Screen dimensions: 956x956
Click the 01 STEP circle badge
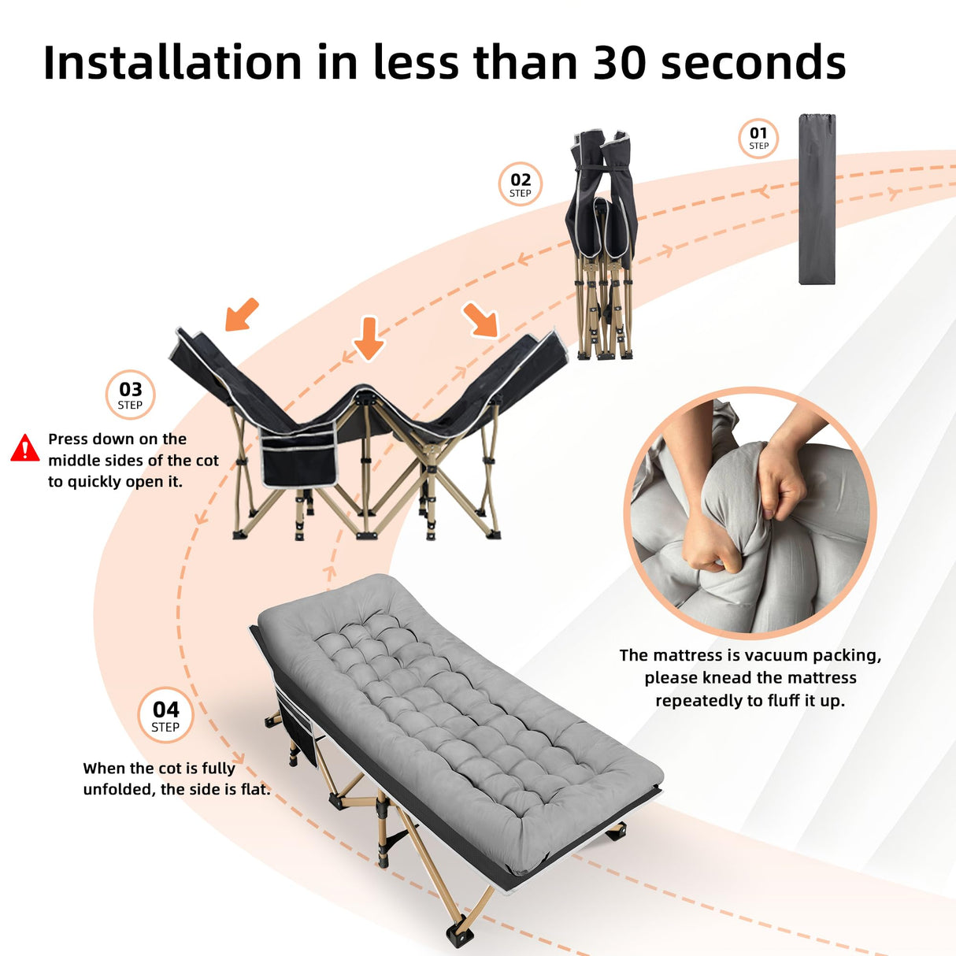click(758, 138)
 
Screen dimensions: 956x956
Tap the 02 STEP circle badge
click(521, 184)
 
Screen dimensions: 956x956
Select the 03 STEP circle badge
click(131, 395)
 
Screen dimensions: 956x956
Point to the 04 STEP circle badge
click(165, 715)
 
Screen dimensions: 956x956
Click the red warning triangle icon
click(25, 448)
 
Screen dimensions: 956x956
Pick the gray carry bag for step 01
click(817, 199)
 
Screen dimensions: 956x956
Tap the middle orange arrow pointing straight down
click(369, 338)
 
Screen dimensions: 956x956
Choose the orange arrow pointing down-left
click(242, 314)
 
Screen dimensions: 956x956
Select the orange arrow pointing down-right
click(480, 320)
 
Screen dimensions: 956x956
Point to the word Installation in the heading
click(172, 63)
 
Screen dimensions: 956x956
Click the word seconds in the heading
click(753, 63)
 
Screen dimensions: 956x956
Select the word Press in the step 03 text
click(69, 439)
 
